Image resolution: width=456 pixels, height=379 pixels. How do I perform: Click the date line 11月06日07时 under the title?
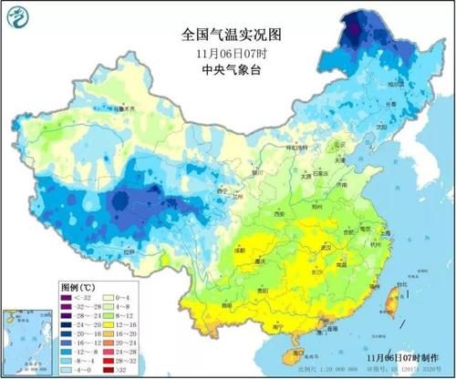click(228, 53)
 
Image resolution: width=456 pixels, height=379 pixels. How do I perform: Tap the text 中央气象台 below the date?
click(228, 67)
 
